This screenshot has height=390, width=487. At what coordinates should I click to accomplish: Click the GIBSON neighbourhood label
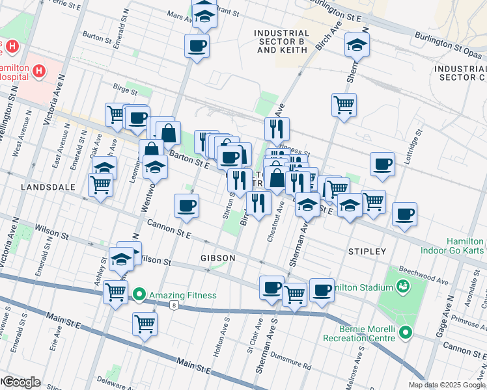(x=218, y=258)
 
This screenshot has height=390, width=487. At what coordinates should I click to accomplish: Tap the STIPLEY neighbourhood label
(x=367, y=251)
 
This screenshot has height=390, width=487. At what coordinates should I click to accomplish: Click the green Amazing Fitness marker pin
(x=139, y=296)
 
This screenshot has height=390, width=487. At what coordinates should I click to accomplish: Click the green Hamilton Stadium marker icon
(x=402, y=286)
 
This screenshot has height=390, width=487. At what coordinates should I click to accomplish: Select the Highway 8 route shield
(x=174, y=305)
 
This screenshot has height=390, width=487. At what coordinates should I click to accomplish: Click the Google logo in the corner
(x=21, y=382)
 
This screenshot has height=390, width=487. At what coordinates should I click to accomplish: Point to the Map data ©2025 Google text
(x=447, y=385)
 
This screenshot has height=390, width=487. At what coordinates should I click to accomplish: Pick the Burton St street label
(x=100, y=38)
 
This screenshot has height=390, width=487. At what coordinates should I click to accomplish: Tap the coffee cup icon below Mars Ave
(x=197, y=46)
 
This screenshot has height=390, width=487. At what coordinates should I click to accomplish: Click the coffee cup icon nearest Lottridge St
(x=382, y=164)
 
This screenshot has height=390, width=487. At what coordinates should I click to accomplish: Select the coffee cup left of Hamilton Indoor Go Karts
(x=404, y=214)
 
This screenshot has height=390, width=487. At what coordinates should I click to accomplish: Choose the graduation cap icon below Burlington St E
(x=357, y=44)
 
